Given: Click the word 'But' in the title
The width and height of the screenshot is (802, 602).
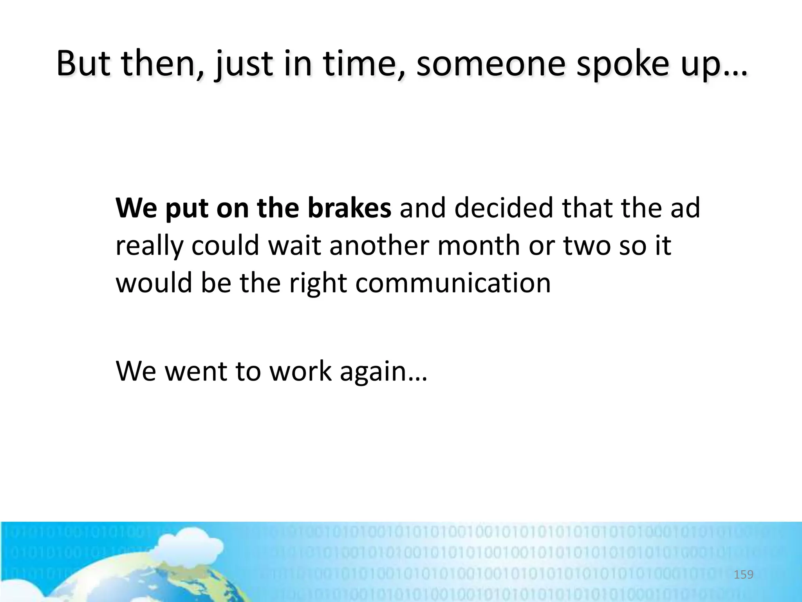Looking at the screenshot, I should (x=83, y=63).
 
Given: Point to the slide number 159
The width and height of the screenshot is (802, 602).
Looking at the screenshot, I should (x=743, y=575).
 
